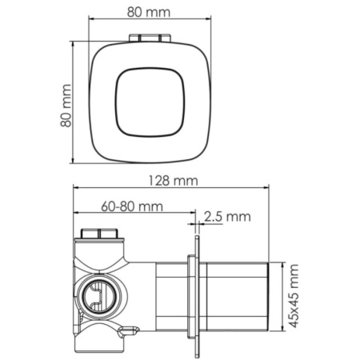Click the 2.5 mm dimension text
coord(227,216)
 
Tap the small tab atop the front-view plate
coord(150,37)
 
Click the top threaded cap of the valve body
coord(100,234)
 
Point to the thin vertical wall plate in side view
coord(193,296)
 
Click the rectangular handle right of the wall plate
coord(238,296)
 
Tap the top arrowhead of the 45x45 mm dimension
coord(284,265)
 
